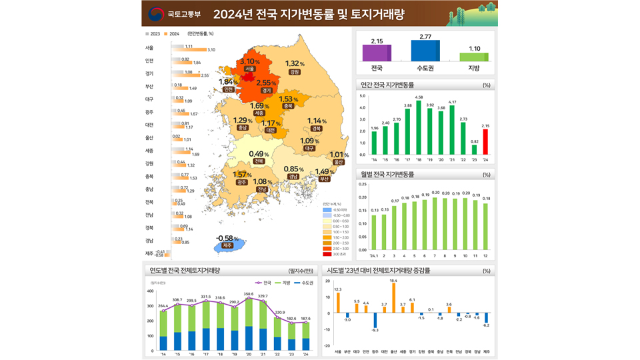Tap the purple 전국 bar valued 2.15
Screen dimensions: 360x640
[x=377, y=53]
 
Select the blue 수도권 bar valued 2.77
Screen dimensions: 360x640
[x=425, y=51]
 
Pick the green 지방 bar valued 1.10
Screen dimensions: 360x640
[x=474, y=57]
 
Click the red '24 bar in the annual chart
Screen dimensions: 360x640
[x=485, y=142]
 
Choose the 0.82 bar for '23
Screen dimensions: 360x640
[x=474, y=150]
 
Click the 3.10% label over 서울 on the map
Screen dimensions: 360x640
[x=250, y=62]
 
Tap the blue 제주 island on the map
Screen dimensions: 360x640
[x=229, y=247]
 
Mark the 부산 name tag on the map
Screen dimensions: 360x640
[x=325, y=179]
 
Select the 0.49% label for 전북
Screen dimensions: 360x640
[x=259, y=154]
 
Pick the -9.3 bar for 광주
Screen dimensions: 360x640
[x=375, y=321]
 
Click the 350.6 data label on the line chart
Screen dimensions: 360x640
[x=249, y=293]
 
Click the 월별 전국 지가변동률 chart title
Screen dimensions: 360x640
[x=387, y=175]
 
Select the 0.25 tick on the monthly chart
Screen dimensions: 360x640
[x=363, y=184]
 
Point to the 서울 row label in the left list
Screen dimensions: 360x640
[x=149, y=49]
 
